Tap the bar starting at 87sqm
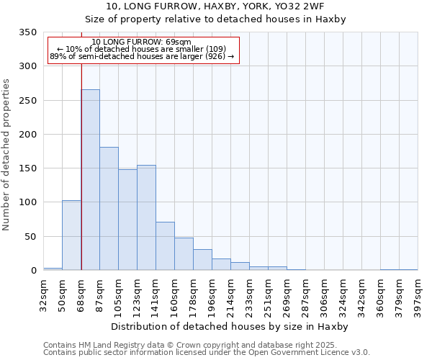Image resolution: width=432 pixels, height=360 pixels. (x=109, y=209)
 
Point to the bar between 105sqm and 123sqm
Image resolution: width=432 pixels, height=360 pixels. (x=127, y=220)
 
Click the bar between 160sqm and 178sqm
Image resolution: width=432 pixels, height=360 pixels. (x=184, y=254)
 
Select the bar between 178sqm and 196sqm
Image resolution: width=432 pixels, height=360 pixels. (x=202, y=260)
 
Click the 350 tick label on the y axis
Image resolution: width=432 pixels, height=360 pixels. (x=27, y=32)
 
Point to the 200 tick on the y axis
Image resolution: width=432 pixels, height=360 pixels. (x=27, y=135)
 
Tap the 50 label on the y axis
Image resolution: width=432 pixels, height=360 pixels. (x=30, y=237)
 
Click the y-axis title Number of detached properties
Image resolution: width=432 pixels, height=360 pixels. (x=7, y=155)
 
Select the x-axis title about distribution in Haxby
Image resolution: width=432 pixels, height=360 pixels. (x=230, y=327)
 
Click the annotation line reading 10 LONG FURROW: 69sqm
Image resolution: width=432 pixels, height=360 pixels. (x=142, y=42)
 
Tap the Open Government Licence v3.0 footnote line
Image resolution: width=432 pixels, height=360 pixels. (x=207, y=353)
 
